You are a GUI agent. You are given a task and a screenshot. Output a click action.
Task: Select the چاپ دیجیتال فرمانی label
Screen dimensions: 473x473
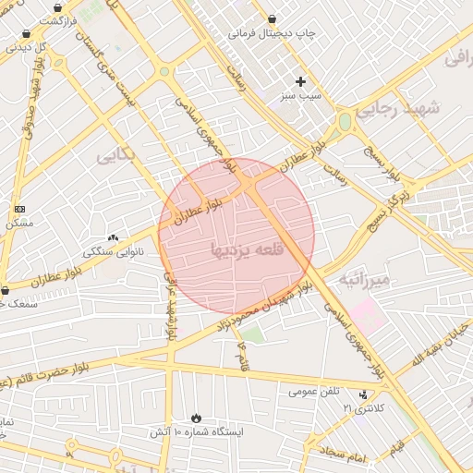pyautogui.click(x=273, y=34)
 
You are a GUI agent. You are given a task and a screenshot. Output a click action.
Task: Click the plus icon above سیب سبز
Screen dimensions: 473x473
pyautogui.click(x=300, y=81)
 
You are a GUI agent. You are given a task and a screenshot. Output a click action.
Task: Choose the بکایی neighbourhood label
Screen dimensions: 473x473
pyautogui.click(x=115, y=155)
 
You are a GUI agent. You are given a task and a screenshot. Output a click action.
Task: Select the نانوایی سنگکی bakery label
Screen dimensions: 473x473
pyautogui.click(x=110, y=251)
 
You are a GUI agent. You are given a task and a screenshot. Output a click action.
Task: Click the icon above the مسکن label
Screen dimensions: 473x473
pyautogui.click(x=20, y=210)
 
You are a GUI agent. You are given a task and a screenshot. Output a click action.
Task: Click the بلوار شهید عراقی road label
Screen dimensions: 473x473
pyautogui.click(x=170, y=305)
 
